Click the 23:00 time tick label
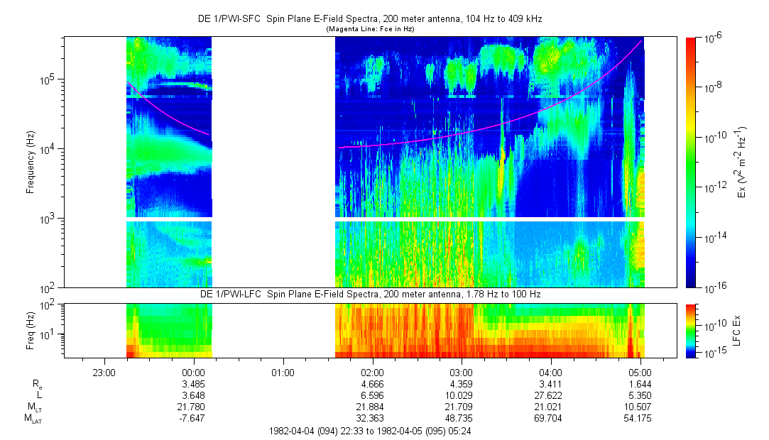pyautogui.click(x=104, y=372)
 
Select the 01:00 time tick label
pyautogui.click(x=283, y=372)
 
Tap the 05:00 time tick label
pyautogui.click(x=640, y=372)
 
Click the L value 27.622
pyautogui.click(x=551, y=395)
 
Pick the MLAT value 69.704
pyautogui.click(x=551, y=419)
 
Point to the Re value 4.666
pyautogui.click(x=372, y=384)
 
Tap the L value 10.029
pyautogui.click(x=462, y=395)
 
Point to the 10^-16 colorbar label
pyautogui.click(x=714, y=287)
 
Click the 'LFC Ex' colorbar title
pyautogui.click(x=738, y=330)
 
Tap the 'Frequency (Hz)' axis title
pyautogui.click(x=31, y=163)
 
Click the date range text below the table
pyautogui.click(x=370, y=431)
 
